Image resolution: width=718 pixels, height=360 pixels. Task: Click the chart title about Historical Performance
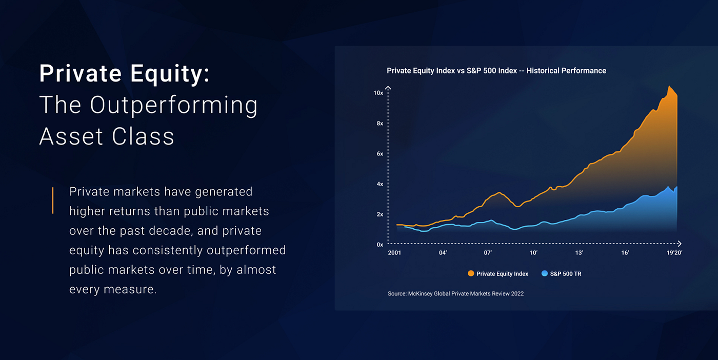coord(496,71)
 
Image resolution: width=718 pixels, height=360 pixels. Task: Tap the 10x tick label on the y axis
coord(378,93)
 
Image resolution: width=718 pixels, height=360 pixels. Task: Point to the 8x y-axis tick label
coord(380,123)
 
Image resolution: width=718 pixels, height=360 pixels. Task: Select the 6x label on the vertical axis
coord(380,153)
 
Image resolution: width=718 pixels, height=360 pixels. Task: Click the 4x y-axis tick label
coord(380,184)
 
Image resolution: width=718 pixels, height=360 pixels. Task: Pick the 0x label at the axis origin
coord(380,245)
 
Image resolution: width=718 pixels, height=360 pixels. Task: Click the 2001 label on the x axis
coord(394,253)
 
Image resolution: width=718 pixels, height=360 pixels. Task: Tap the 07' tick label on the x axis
coord(488,253)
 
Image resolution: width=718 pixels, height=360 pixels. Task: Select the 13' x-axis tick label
coord(579,253)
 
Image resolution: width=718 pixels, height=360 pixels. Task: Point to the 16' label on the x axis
coord(625,253)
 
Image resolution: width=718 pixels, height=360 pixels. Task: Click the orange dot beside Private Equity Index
coord(471,274)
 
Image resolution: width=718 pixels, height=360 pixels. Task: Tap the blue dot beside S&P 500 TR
coord(545,274)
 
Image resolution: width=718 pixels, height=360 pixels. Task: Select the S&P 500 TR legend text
coord(566,274)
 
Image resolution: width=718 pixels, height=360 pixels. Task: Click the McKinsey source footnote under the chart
coord(455,294)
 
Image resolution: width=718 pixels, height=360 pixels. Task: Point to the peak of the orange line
coord(669,87)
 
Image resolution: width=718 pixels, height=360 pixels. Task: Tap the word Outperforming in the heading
coord(174,105)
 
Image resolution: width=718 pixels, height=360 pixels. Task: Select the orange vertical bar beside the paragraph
coord(53,201)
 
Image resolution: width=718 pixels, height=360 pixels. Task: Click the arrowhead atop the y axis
coord(388,88)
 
